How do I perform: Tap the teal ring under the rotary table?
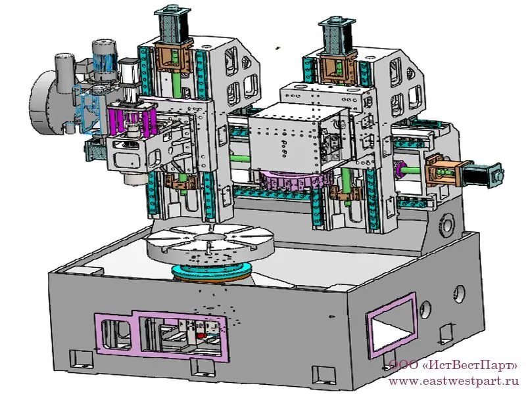211,271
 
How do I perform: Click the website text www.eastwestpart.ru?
454,381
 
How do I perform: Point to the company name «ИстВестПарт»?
469,365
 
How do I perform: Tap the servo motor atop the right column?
337,36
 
